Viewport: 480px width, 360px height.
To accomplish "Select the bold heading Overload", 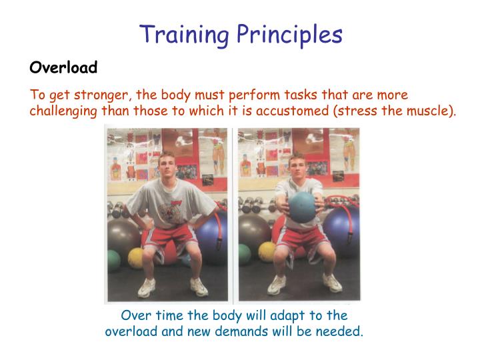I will click(63, 67).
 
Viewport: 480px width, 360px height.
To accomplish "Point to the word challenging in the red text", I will click(63, 111).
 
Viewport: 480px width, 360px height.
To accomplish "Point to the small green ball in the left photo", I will click(115, 259).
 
